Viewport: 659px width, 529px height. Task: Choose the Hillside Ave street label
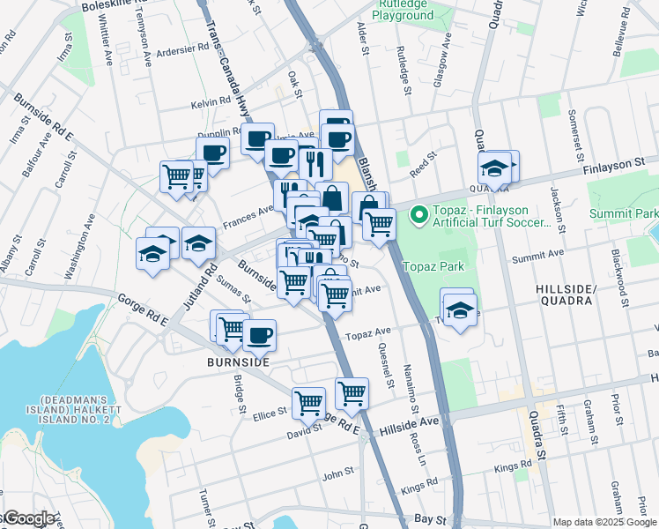409,424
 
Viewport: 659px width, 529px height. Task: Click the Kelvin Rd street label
210,104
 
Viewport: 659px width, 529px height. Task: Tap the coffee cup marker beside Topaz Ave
259,335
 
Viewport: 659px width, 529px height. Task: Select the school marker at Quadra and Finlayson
495,167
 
